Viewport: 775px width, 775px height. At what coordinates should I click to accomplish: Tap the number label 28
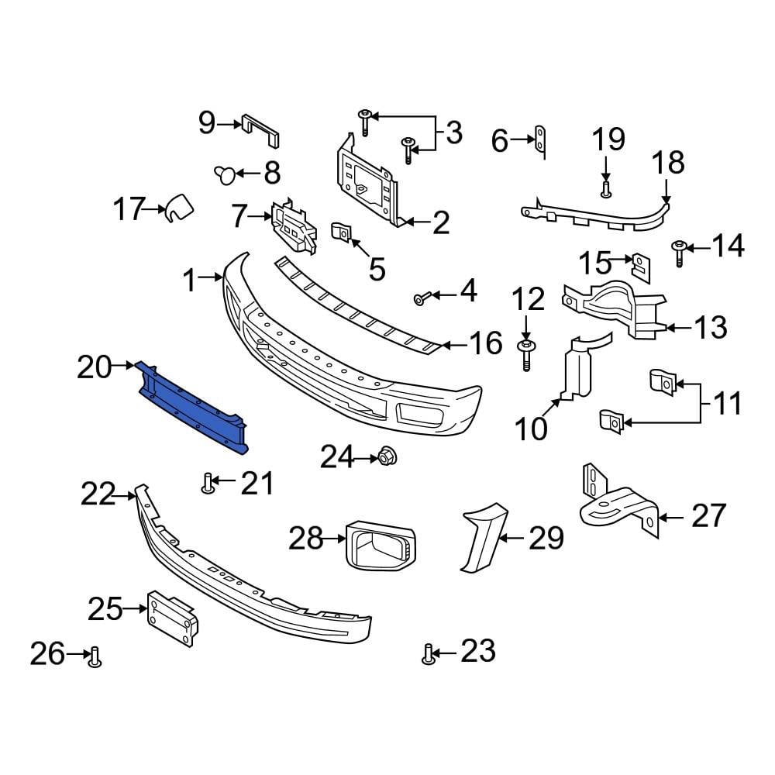306,537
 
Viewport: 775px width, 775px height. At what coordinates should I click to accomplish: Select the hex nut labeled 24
385,459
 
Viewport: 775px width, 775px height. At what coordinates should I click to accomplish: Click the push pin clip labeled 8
225,174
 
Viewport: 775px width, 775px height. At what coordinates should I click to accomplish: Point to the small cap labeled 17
178,208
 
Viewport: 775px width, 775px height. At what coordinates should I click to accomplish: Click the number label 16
486,343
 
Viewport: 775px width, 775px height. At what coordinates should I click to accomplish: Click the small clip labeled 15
641,265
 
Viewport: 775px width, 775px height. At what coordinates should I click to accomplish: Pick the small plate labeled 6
541,142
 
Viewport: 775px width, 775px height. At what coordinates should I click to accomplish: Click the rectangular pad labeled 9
261,129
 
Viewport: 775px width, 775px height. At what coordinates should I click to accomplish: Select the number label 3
453,133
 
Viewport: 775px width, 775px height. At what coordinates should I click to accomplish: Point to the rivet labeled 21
208,484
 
